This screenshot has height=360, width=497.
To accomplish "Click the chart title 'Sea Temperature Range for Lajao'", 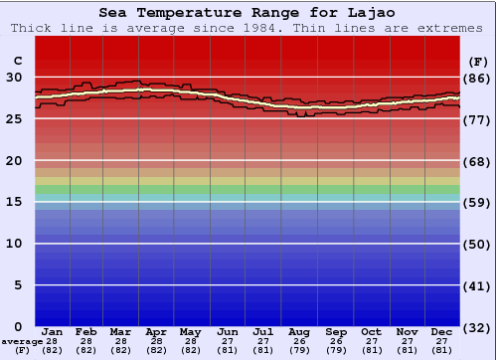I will [248, 13].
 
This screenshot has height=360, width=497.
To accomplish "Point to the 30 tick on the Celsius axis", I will [14, 78].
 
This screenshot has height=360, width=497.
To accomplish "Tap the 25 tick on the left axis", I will [14, 119].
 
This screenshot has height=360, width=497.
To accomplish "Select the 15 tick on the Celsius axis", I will [14, 202].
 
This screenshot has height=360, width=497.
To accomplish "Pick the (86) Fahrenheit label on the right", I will [477, 78].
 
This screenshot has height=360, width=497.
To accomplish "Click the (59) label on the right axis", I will [477, 202].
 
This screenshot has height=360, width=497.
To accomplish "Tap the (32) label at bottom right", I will [477, 327].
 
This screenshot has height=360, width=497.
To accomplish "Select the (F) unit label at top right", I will [477, 61].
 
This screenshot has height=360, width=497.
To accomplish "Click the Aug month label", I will [300, 331].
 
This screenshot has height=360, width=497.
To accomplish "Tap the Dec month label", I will [442, 331].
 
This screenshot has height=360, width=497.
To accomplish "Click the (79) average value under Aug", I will [300, 350].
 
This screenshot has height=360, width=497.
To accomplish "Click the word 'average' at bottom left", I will [22, 341].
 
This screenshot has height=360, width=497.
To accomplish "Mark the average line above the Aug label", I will [300, 106].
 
